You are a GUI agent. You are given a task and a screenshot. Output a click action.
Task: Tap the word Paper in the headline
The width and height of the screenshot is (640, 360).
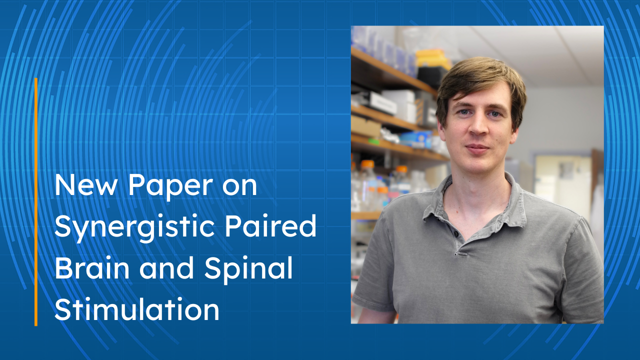170,187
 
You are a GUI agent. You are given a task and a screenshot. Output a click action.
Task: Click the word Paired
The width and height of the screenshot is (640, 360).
270,225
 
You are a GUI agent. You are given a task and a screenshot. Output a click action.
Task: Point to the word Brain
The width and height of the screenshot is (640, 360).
91,267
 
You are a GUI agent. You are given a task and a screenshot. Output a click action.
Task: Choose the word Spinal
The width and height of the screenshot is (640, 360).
248,270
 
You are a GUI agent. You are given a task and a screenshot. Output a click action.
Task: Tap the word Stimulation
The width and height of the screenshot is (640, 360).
136,309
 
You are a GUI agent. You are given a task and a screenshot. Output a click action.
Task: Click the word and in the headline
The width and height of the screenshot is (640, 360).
167,267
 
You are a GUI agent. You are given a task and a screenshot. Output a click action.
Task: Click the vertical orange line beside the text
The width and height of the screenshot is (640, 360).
36,201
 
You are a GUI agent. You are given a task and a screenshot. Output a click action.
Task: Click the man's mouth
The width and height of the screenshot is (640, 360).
477,148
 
